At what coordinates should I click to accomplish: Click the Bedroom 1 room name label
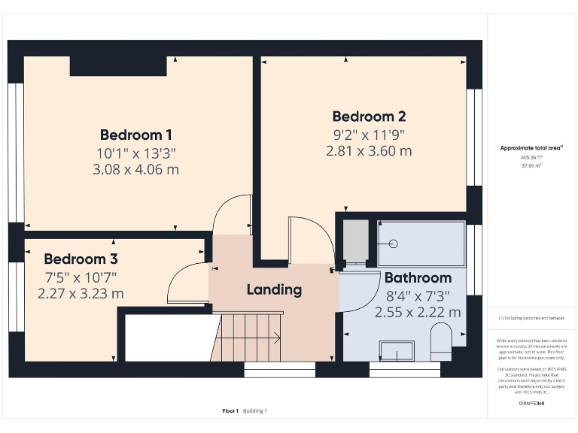[x=136, y=135]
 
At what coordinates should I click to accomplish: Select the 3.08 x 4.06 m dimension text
[x=136, y=169]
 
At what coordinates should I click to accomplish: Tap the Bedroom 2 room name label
[x=369, y=117]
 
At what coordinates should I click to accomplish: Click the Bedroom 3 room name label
[x=81, y=259]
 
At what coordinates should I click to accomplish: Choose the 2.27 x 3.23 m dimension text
[x=81, y=293]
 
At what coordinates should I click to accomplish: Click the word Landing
[x=274, y=289]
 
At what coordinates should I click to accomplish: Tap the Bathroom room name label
[x=418, y=277]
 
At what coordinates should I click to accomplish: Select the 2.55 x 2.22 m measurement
[x=418, y=311]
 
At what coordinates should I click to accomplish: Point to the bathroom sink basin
[x=397, y=350]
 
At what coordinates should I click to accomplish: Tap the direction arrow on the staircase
[x=274, y=338]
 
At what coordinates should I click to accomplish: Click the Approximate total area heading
[x=532, y=148]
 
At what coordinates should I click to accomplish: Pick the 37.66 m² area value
[x=532, y=166]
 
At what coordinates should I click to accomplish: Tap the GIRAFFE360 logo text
[x=532, y=404]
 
